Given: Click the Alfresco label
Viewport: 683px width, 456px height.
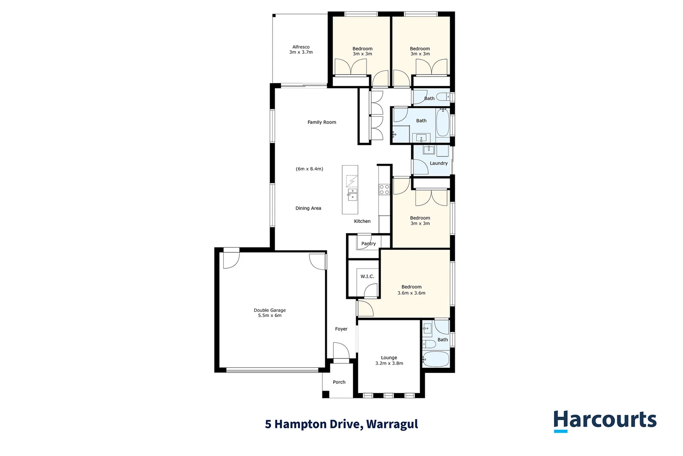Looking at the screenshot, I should [301, 47].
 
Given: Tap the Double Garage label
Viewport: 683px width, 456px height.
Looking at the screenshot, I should [270, 310].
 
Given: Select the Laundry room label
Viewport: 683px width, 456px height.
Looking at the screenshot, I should [438, 163].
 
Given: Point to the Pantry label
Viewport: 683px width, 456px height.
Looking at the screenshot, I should [368, 244].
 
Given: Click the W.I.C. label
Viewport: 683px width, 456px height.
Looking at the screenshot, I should [367, 277].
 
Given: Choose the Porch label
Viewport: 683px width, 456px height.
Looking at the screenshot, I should [339, 382].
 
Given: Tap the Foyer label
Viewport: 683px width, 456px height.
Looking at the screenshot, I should [341, 329].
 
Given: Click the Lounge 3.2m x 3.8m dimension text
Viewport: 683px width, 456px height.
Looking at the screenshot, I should [389, 363].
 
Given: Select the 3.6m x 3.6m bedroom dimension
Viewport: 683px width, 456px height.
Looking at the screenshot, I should [411, 293].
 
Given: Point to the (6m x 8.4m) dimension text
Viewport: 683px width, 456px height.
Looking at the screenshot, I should [309, 169].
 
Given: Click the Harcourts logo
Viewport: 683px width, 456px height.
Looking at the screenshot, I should [605, 421].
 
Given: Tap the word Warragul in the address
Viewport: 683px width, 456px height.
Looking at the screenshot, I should [392, 424].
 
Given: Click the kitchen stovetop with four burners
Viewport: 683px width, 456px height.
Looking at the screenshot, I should [384, 190].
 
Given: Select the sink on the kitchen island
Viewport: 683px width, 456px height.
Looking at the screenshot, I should [352, 195].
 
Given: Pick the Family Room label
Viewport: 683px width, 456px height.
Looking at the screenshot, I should [321, 122].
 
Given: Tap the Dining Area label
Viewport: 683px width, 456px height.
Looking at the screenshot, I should [308, 208].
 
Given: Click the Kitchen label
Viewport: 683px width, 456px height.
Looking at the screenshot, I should [362, 221].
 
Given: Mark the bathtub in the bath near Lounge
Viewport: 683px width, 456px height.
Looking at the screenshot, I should [437, 359].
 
